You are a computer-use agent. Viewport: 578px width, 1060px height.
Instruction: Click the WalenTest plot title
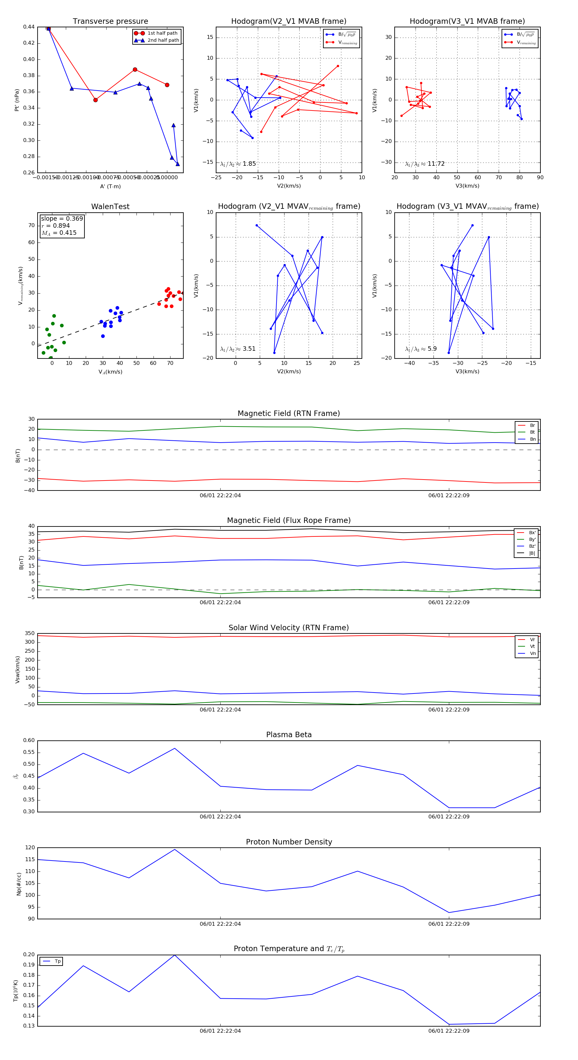(x=110, y=207)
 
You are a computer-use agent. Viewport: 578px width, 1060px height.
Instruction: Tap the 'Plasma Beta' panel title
(x=289, y=735)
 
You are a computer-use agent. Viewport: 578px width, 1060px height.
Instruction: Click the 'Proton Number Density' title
(x=289, y=842)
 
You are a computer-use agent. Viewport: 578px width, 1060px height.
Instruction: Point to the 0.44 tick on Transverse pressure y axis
(x=29, y=27)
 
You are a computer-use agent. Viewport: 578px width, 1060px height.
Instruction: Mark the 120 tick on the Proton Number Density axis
(x=30, y=848)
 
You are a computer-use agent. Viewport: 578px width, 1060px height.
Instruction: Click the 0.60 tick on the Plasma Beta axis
(x=29, y=741)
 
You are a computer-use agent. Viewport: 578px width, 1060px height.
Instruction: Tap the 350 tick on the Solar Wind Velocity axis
(x=30, y=634)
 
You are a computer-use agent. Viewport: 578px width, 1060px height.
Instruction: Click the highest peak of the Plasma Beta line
(x=174, y=748)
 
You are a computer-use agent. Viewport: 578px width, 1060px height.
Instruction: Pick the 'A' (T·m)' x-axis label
(x=110, y=186)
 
